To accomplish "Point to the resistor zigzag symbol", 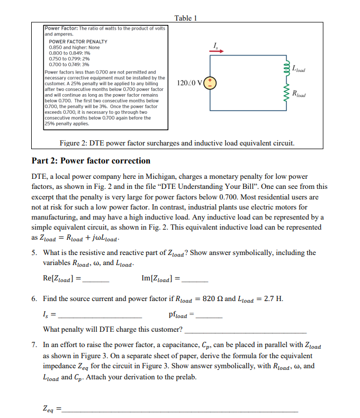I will coord(286,94).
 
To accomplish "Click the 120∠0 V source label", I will coord(188,83).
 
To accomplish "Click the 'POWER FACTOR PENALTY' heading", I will coord(78,41).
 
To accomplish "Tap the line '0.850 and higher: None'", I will coord(74,47).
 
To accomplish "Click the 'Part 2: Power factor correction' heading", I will coord(91,160).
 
